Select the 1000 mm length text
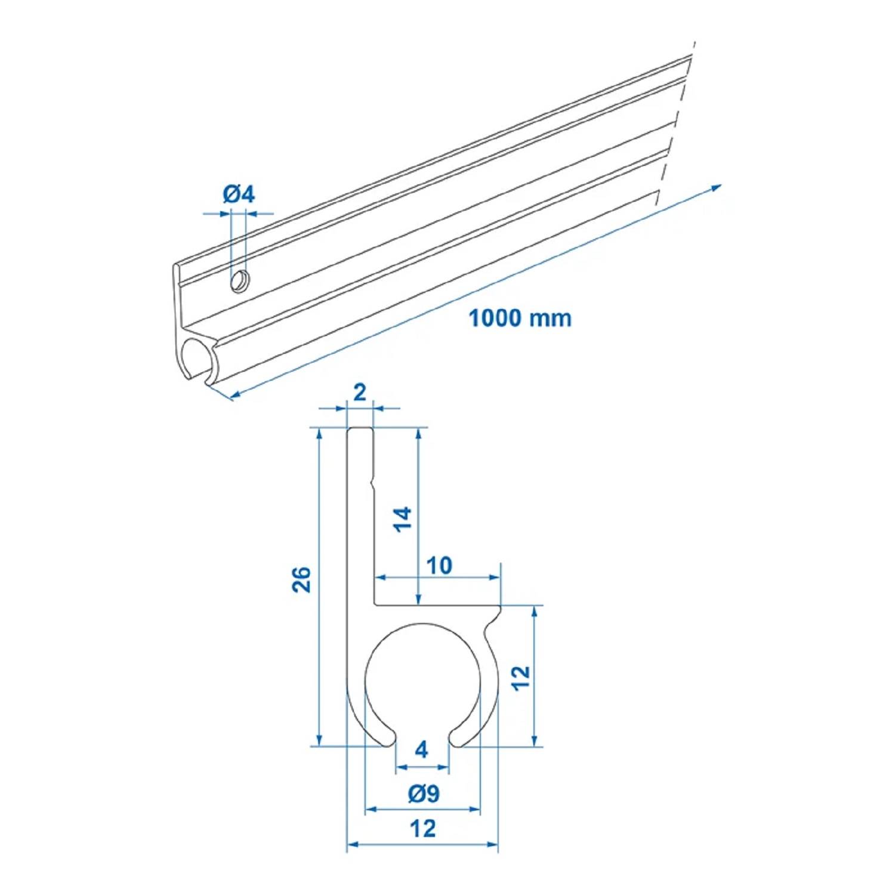tap(519, 318)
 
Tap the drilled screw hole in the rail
tap(240, 280)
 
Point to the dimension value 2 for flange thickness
tap(360, 393)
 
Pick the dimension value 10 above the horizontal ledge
tap(439, 565)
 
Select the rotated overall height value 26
tap(302, 579)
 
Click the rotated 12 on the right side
tap(521, 678)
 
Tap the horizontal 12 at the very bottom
tap(422, 829)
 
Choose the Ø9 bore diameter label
tap(424, 794)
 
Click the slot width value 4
tap(422, 749)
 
